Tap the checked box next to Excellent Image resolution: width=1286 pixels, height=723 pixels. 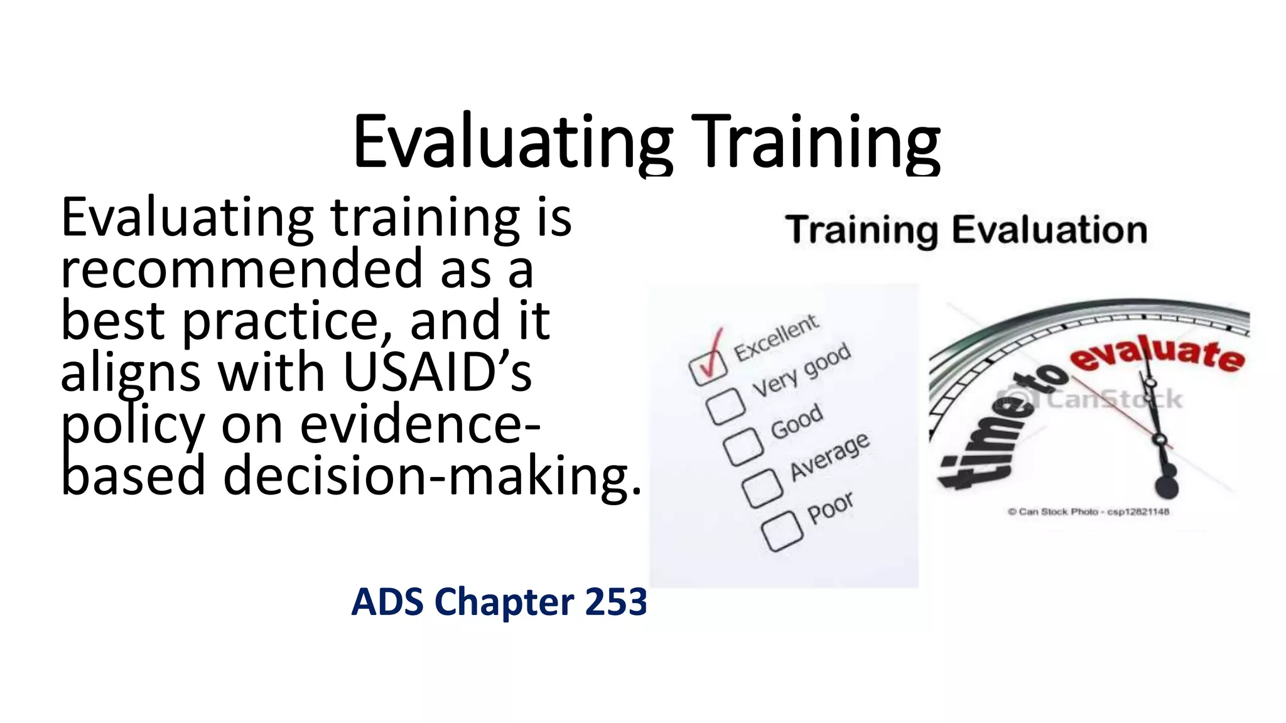click(x=708, y=367)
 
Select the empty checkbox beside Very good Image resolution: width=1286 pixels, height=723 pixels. click(x=726, y=406)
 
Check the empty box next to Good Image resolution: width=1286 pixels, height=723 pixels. click(x=743, y=447)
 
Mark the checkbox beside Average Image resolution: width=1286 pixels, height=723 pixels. click(x=762, y=488)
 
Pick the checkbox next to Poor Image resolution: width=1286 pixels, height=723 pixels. click(x=782, y=532)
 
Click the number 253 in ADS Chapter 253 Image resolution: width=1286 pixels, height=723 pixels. click(x=615, y=601)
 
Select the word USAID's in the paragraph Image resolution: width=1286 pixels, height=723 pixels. click(x=438, y=373)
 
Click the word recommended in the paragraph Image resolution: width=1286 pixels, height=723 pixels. click(x=242, y=269)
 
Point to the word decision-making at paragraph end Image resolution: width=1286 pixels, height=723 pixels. click(x=432, y=476)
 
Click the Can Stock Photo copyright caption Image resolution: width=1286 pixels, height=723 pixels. click(x=1088, y=511)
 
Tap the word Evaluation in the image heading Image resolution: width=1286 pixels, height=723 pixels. click(x=1049, y=230)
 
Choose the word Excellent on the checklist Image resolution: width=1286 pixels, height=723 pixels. click(x=776, y=338)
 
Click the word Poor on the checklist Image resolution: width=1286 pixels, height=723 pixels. click(x=830, y=507)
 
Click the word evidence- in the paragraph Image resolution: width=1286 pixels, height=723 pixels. click(x=420, y=425)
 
